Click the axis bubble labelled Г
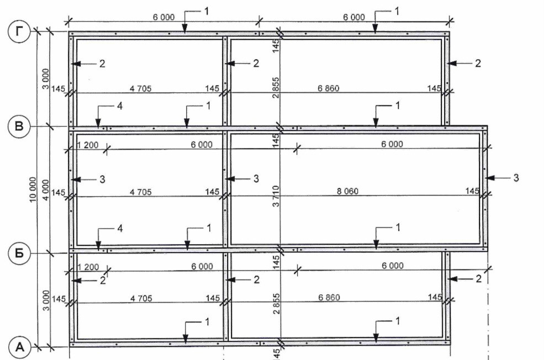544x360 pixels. click(20, 32)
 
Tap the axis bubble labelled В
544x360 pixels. click(20, 128)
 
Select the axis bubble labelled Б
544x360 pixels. click(20, 253)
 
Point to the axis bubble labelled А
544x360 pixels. click(20, 347)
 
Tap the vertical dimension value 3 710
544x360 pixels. click(276, 190)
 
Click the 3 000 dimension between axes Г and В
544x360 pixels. click(46, 80)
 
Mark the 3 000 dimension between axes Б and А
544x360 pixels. click(46, 300)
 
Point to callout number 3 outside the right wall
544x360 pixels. click(516, 178)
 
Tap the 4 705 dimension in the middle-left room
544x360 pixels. click(140, 192)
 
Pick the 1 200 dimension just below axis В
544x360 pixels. click(88, 144)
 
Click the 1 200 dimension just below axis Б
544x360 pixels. click(88, 267)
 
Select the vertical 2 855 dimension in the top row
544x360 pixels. click(276, 87)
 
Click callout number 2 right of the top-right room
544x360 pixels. click(477, 63)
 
